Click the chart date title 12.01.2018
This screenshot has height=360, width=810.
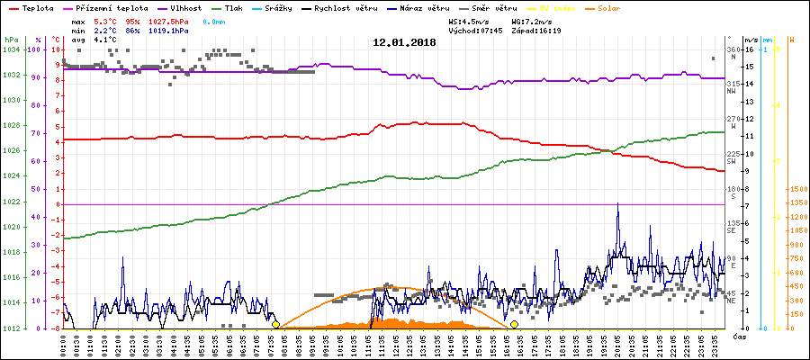point(404,42)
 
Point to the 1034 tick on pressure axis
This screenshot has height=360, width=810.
point(11,49)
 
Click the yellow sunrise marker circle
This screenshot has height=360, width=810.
point(275,324)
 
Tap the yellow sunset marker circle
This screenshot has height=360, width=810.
point(514,324)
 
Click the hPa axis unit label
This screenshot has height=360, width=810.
point(10,40)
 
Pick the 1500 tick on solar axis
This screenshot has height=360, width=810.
point(796,190)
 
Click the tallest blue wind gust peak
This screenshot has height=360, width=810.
point(617,205)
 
